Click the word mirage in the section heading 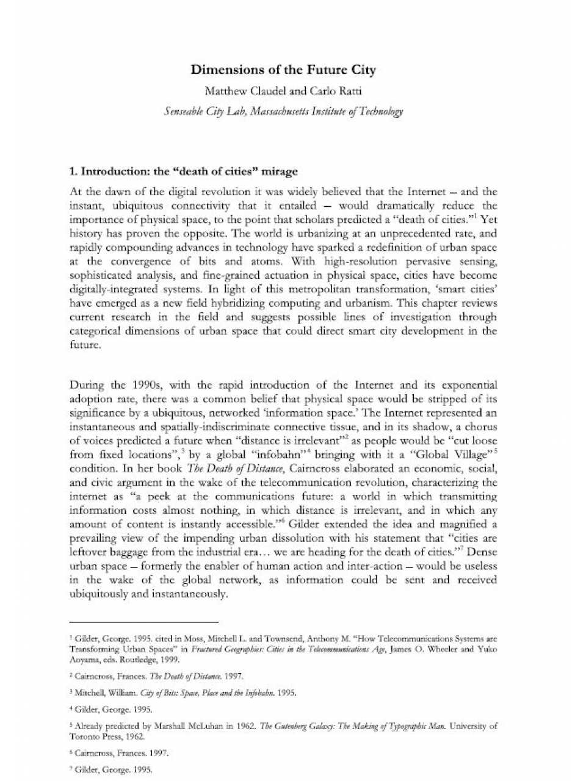click(280, 171)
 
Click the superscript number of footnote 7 click(71, 768)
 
